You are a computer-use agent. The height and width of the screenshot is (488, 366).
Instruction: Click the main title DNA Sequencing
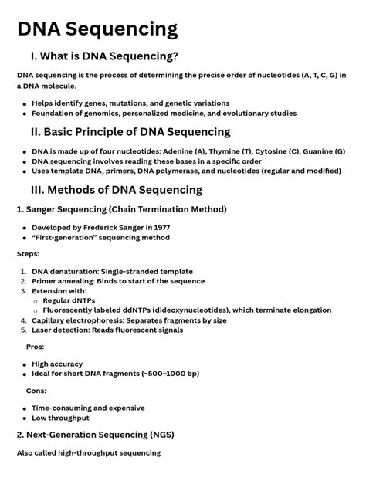click(x=97, y=29)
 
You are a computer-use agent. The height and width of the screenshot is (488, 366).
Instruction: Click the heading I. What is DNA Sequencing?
click(x=104, y=56)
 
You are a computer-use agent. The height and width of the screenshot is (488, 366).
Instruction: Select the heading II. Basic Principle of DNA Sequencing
click(x=130, y=132)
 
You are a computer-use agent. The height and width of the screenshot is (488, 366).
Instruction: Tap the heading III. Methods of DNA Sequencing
click(x=117, y=190)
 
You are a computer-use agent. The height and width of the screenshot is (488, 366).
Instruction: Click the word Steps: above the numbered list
click(x=28, y=253)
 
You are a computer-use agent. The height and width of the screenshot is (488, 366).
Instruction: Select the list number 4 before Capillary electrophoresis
click(x=23, y=320)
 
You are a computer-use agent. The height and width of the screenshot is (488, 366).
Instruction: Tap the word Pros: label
click(x=36, y=347)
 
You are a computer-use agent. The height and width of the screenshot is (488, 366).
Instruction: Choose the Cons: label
click(x=36, y=391)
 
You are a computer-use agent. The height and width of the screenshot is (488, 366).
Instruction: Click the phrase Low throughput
click(x=60, y=418)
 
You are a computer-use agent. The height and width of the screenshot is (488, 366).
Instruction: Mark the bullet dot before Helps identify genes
click(x=25, y=103)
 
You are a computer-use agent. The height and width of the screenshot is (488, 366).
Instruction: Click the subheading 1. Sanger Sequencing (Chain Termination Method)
click(x=121, y=209)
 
